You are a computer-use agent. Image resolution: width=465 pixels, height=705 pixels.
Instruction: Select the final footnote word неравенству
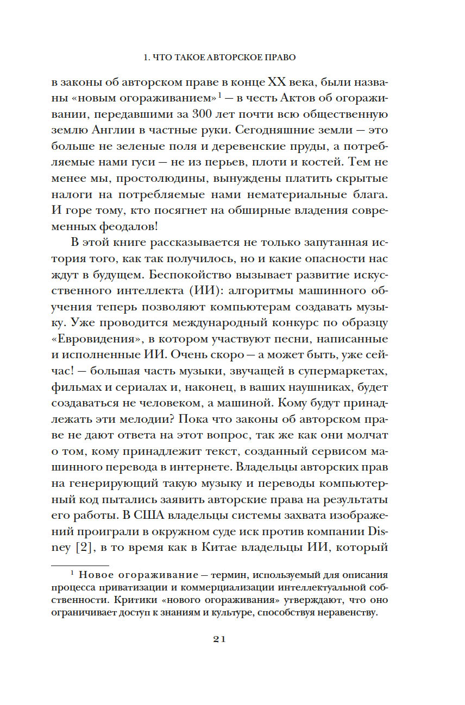click(348, 613)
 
